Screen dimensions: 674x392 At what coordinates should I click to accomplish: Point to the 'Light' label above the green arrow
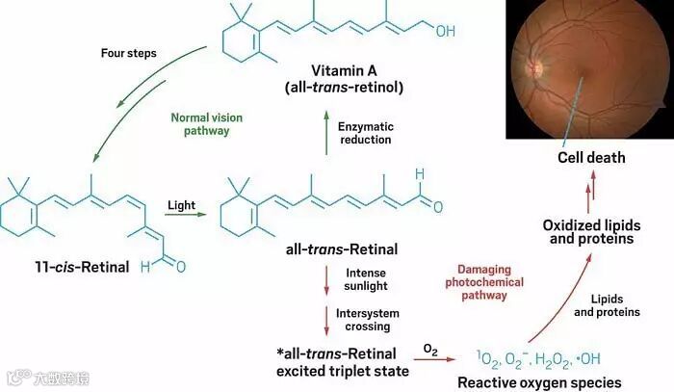tap(181, 206)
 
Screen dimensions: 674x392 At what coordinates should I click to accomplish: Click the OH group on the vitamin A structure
tap(445, 30)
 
